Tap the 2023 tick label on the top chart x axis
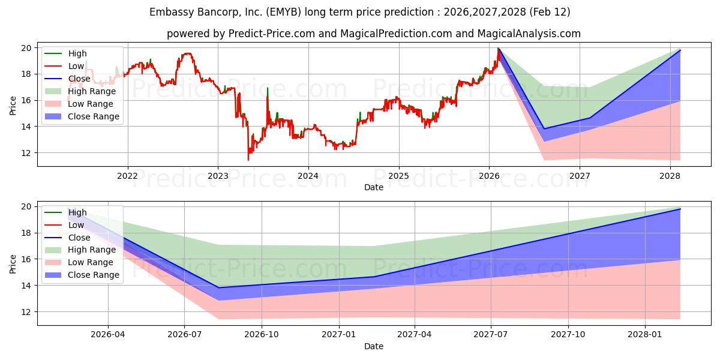tap(218, 176)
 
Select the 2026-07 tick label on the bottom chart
tap(184, 335)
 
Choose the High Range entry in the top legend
tap(92, 91)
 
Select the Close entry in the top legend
tap(79, 79)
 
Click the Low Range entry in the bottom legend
tap(91, 262)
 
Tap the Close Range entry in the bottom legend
tap(94, 275)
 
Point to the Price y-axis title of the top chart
tap(13, 106)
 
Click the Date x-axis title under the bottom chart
tap(373, 346)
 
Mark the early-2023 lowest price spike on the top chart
tap(248, 160)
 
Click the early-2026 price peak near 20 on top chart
tap(498, 49)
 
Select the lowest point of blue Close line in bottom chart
tap(219, 287)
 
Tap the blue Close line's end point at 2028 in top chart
tap(680, 50)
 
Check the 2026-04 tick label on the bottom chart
tap(108, 335)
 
